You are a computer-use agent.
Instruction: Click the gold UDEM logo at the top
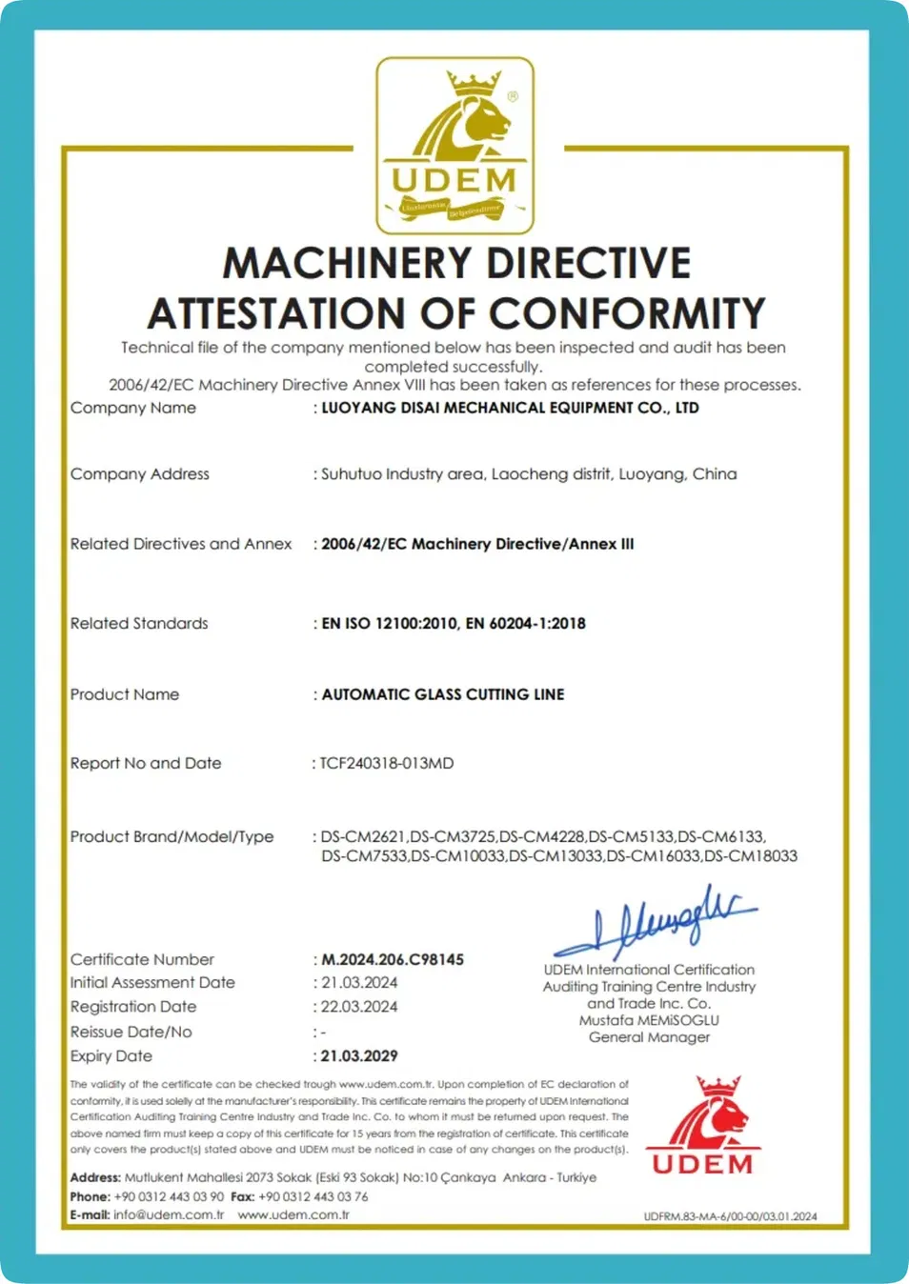[454, 145]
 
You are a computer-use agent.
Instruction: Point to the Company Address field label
[139, 474]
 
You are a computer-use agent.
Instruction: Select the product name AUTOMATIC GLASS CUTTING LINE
[442, 694]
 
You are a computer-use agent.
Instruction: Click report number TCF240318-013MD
[387, 763]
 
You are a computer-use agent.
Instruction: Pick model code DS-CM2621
[363, 836]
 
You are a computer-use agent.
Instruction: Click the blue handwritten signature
[657, 921]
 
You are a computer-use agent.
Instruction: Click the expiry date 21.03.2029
[359, 1055]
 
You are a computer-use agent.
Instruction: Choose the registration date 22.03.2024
[359, 1007]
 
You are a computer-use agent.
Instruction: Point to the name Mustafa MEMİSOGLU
[649, 1020]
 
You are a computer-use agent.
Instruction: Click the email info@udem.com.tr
[169, 1214]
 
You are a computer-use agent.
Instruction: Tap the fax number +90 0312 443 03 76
[313, 1196]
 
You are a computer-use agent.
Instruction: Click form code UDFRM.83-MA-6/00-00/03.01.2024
[730, 1216]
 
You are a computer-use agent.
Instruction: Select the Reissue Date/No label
[131, 1032]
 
